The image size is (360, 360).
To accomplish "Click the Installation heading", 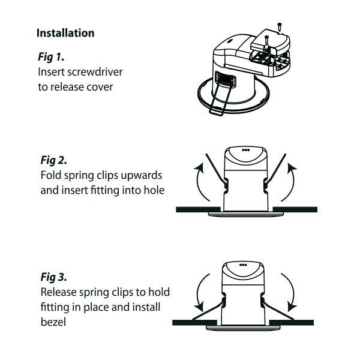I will (x=65, y=33).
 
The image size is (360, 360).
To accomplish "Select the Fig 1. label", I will (x=51, y=58).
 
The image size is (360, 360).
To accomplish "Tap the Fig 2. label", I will (x=53, y=161).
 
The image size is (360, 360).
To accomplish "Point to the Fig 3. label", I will (x=53, y=278).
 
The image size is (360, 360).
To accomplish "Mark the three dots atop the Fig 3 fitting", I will (x=244, y=265).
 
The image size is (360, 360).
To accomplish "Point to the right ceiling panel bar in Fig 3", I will (x=294, y=322).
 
